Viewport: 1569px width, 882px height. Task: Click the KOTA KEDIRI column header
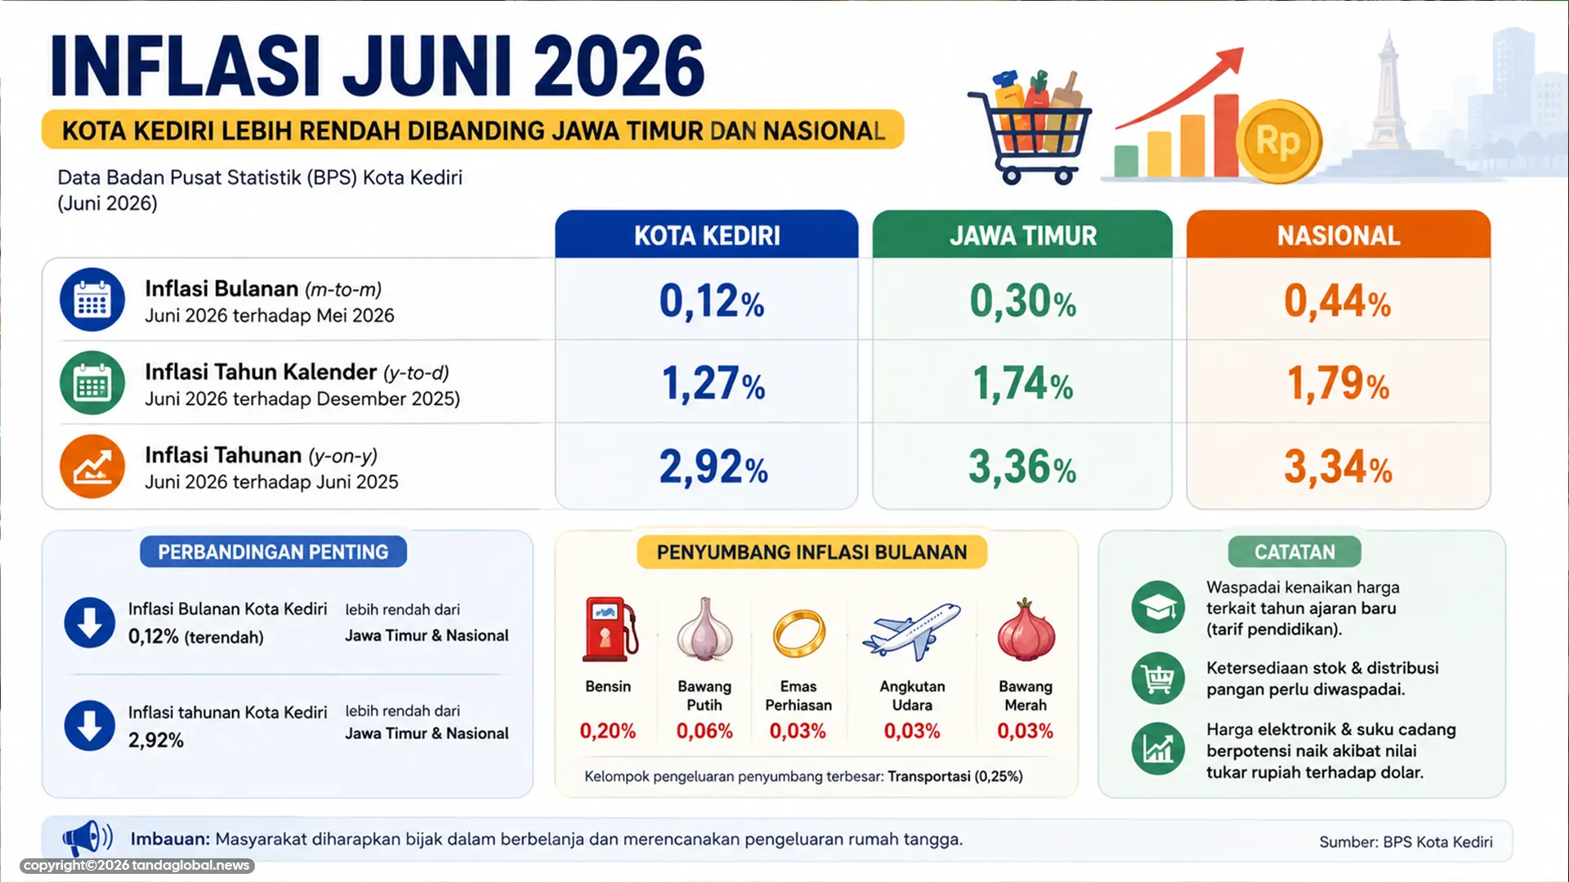707,235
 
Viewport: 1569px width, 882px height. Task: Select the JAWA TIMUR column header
1022,235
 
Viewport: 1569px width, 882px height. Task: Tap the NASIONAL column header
1339,235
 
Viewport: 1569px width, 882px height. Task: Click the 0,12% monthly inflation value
712,301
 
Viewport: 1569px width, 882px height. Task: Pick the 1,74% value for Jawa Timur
1022,384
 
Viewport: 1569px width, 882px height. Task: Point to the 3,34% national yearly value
1338,467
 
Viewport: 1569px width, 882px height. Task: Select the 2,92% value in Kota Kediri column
713,467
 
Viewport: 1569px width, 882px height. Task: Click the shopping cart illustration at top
1030,127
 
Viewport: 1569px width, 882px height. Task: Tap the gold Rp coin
1278,141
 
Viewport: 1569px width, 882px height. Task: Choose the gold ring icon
798,633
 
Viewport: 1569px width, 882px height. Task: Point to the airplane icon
912,631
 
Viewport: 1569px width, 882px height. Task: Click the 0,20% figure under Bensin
608,731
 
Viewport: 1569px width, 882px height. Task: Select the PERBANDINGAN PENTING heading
273,552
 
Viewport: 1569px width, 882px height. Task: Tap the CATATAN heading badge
1294,552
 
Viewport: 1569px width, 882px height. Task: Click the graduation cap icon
1158,607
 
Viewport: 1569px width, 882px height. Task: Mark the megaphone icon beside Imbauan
87,838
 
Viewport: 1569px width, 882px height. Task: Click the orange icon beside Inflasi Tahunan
92,466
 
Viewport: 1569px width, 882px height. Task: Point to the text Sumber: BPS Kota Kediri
1406,842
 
